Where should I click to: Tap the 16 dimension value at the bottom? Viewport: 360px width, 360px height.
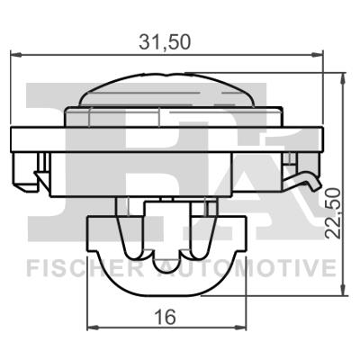pos(164,317)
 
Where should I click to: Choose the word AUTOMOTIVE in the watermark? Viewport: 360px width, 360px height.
pos(261,267)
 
